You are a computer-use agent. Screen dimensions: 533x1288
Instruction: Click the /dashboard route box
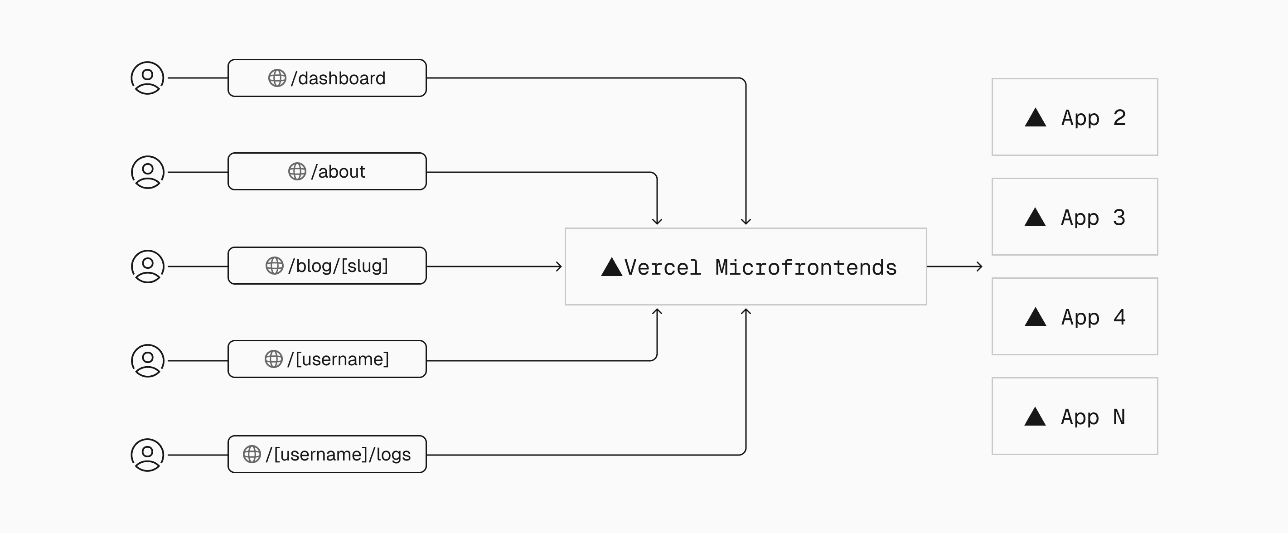pyautogui.click(x=327, y=78)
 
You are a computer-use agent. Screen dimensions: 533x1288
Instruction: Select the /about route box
pyautogui.click(x=327, y=171)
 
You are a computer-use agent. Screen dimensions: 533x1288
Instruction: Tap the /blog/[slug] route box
pyautogui.click(x=327, y=266)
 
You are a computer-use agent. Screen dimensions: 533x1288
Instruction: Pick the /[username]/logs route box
pyautogui.click(x=327, y=454)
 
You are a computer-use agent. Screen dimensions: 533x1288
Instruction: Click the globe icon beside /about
pyautogui.click(x=297, y=171)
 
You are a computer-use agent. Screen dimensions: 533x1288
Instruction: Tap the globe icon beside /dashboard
pyautogui.click(x=277, y=78)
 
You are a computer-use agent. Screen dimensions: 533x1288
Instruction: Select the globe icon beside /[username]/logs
pyautogui.click(x=252, y=454)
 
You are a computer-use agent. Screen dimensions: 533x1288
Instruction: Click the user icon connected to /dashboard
pyautogui.click(x=147, y=78)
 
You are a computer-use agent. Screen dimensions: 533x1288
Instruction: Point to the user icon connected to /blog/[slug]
pyautogui.click(x=147, y=266)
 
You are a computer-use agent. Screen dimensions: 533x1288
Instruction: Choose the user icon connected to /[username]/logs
pyautogui.click(x=147, y=455)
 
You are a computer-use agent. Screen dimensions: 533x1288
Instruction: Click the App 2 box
pyautogui.click(x=1075, y=117)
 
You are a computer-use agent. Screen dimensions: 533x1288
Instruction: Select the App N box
pyautogui.click(x=1075, y=416)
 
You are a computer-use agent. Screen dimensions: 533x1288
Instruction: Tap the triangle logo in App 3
pyautogui.click(x=1035, y=218)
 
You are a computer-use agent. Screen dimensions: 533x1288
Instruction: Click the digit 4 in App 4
pyautogui.click(x=1119, y=317)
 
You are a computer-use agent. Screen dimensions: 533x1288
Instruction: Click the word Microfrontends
pyautogui.click(x=805, y=267)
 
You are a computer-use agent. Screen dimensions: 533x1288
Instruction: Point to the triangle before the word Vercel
pyautogui.click(x=611, y=267)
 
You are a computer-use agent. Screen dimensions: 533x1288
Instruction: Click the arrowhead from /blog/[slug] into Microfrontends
pyautogui.click(x=559, y=266)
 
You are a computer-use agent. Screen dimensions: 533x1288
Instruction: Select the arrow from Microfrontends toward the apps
pyautogui.click(x=955, y=266)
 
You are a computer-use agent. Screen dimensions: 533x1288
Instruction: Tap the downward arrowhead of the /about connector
pyautogui.click(x=657, y=222)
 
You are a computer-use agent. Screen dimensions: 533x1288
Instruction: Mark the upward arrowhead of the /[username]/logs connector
pyautogui.click(x=746, y=312)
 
